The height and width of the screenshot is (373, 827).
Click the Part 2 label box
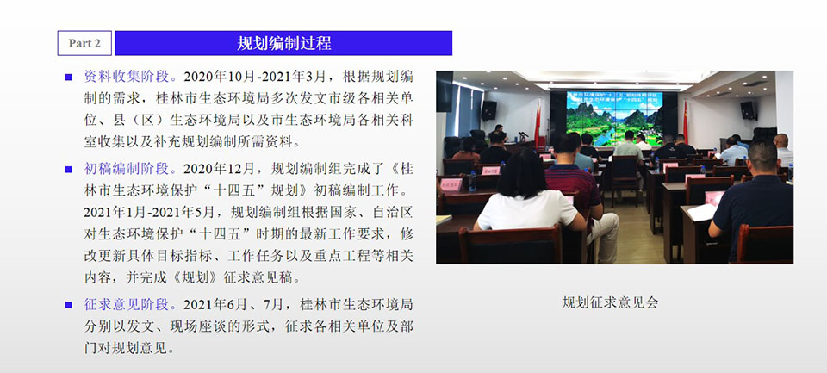pyautogui.click(x=84, y=43)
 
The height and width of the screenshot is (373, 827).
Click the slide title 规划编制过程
pyautogui.click(x=283, y=43)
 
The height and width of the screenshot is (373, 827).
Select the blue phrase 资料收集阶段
pyautogui.click(x=127, y=77)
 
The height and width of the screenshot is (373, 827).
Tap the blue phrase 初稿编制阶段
pyautogui.click(x=127, y=169)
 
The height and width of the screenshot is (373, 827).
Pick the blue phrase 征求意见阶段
pyautogui.click(x=127, y=304)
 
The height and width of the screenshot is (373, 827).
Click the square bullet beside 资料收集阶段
pyautogui.click(x=68, y=77)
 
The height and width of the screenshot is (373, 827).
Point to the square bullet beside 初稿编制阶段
pyautogui.click(x=68, y=170)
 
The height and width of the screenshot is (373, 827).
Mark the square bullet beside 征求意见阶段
pyautogui.click(x=68, y=305)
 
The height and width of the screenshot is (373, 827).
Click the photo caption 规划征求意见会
pyautogui.click(x=610, y=303)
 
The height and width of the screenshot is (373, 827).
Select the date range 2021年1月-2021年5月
pyautogui.click(x=149, y=213)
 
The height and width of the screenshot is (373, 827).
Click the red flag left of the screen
pyautogui.click(x=538, y=123)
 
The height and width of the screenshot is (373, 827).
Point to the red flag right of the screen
pyautogui.click(x=685, y=122)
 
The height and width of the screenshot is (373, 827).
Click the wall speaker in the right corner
pyautogui.click(x=749, y=110)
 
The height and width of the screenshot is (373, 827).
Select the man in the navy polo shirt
pyautogui.click(x=755, y=201)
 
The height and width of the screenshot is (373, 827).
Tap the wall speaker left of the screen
pyautogui.click(x=489, y=111)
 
